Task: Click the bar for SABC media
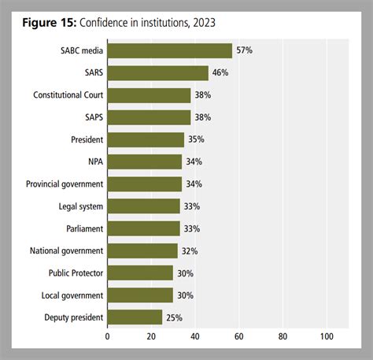[x=169, y=50]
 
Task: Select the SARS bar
[x=157, y=73]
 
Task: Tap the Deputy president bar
[x=135, y=317]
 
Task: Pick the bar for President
[x=146, y=139]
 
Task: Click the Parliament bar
[x=143, y=228]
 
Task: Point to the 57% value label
[x=243, y=50]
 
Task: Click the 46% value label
[x=220, y=73]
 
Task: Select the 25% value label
[x=174, y=317]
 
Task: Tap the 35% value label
[x=196, y=139]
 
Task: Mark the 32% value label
[x=189, y=251]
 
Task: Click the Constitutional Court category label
[x=67, y=95]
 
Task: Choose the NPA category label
[x=94, y=162]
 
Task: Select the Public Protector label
[x=73, y=273]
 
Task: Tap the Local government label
[x=72, y=295]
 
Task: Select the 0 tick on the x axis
[x=107, y=336]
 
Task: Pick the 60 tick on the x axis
[x=238, y=336]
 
